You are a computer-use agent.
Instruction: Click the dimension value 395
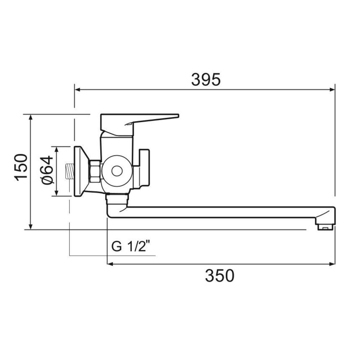coord(206,79)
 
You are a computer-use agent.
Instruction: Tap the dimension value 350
coord(220,275)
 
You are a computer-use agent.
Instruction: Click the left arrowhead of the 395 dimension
coord(77,90)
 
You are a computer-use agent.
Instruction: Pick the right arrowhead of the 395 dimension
coord(332,90)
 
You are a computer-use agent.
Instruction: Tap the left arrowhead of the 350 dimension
coord(110,264)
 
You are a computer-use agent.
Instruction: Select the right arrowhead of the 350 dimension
coord(332,264)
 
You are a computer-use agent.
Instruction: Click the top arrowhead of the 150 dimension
coord(31,117)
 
